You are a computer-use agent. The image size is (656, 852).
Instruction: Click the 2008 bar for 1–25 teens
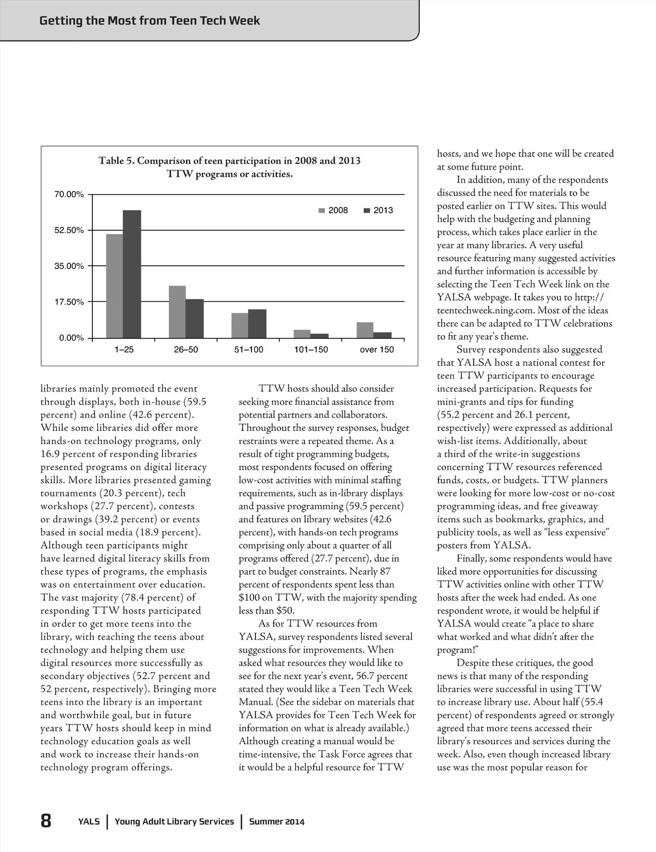[x=114, y=286]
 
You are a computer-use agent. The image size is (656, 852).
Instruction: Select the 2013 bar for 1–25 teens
[x=132, y=274]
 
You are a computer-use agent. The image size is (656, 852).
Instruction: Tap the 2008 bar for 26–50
[x=177, y=312]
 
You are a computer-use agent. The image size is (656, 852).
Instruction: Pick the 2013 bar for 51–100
[x=257, y=324]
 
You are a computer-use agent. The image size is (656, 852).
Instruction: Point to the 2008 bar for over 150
[x=365, y=330]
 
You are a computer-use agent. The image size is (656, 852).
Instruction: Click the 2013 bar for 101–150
[x=319, y=336]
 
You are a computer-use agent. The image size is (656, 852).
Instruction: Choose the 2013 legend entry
[x=378, y=211]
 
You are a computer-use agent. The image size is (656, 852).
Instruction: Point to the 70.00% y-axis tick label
[x=69, y=195]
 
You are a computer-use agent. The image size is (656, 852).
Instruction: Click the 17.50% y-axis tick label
[x=69, y=302]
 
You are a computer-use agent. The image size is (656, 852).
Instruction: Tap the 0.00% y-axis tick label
[x=72, y=338]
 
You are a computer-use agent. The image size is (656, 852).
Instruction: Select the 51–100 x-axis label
[x=249, y=350]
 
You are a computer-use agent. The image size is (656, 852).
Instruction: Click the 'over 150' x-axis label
[x=377, y=350]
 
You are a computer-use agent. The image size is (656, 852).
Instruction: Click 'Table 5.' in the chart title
[x=116, y=161]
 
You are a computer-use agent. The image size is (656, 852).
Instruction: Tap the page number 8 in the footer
[x=46, y=821]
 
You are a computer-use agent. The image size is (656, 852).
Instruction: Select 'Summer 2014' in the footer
[x=277, y=821]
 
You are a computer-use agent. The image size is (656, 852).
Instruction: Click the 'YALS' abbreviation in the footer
[x=89, y=821]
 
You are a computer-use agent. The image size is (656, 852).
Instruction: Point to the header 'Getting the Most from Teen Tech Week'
[x=150, y=21]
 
